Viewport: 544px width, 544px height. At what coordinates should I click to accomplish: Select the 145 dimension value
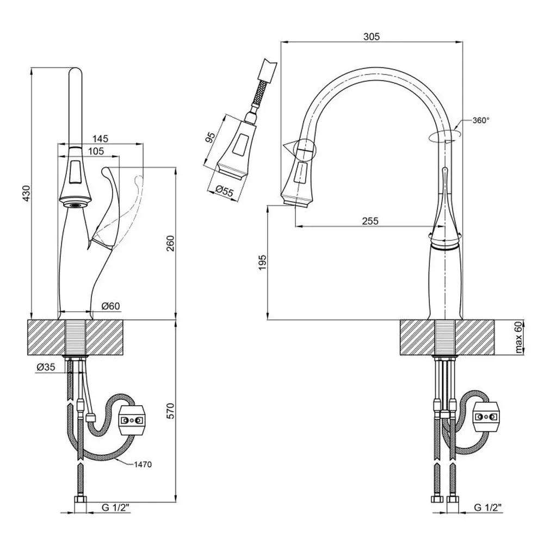pos(101,139)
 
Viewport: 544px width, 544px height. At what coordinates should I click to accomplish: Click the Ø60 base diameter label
pos(112,307)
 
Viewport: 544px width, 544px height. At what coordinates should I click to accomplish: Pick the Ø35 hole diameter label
pos(46,367)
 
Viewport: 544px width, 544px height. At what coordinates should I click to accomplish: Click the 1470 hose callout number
pos(142,464)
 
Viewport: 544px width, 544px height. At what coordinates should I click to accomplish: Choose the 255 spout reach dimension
pos(370,221)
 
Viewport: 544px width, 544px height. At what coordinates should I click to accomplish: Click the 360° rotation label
pos(480,120)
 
